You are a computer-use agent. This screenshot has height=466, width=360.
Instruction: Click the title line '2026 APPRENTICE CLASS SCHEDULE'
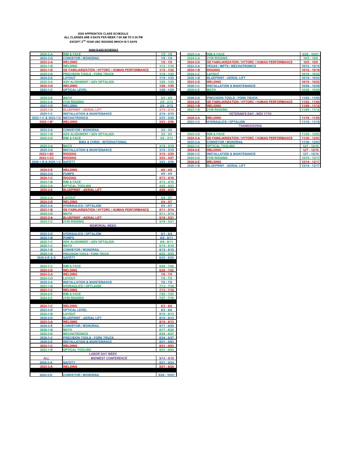click(x=103, y=34)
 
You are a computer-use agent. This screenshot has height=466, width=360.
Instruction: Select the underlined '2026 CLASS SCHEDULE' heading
click(x=103, y=50)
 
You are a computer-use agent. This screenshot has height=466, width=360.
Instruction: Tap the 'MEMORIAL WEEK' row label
click(x=103, y=226)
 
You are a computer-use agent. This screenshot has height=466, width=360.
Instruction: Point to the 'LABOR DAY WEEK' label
click(x=103, y=354)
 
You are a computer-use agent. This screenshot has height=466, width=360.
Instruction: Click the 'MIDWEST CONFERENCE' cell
click(x=109, y=358)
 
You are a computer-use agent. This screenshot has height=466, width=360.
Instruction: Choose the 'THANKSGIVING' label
click(x=250, y=126)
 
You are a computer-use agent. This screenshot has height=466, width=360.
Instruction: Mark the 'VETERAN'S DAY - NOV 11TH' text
click(x=250, y=114)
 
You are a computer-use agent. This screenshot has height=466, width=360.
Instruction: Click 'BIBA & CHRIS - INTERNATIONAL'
click(x=103, y=142)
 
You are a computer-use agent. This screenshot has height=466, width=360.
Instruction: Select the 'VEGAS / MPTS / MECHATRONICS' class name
click(x=231, y=66)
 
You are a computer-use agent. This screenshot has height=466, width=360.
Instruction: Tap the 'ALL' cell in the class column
click(x=46, y=358)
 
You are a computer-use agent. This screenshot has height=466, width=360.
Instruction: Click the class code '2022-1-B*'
click(x=46, y=122)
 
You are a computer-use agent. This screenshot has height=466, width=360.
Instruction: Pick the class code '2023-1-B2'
click(x=46, y=154)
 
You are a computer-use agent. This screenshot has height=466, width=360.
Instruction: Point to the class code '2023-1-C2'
click(x=46, y=158)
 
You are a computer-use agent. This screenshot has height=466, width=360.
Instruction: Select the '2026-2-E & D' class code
click(x=46, y=258)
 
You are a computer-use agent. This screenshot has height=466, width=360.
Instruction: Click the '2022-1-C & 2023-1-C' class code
click(x=46, y=118)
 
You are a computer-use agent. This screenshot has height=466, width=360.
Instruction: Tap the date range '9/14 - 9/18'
click(x=166, y=358)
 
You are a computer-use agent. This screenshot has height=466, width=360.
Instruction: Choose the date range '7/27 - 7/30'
click(x=166, y=298)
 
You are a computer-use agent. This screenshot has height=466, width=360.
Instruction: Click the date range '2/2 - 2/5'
click(x=166, y=98)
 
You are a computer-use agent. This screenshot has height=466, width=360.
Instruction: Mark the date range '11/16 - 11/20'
click(x=310, y=118)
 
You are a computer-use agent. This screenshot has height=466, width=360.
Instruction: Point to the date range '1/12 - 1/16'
click(x=166, y=66)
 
